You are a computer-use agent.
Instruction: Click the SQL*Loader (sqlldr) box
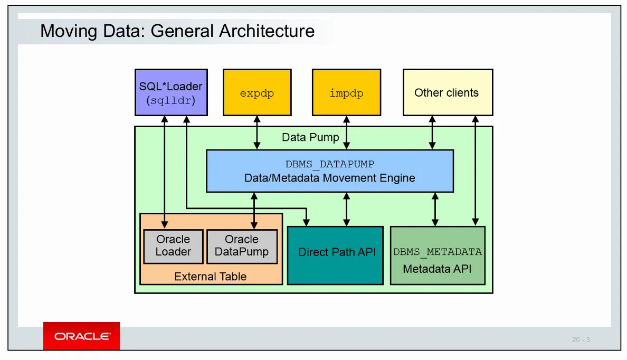pyautogui.click(x=171, y=92)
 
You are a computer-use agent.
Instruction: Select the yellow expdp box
pyautogui.click(x=257, y=92)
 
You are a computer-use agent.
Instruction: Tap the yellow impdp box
pyautogui.click(x=346, y=92)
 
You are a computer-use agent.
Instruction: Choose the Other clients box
pyautogui.click(x=448, y=92)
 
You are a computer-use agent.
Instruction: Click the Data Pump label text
pyautogui.click(x=310, y=137)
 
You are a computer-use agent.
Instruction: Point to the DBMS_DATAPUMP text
pyautogui.click(x=330, y=164)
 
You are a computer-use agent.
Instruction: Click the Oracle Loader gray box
pyautogui.click(x=173, y=246)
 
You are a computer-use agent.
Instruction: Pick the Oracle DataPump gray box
pyautogui.click(x=242, y=246)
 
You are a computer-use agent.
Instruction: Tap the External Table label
pyautogui.click(x=210, y=276)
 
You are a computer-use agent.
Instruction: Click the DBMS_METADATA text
pyautogui.click(x=438, y=252)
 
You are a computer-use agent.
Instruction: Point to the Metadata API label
pyautogui.click(x=437, y=269)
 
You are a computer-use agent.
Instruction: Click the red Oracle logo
pyautogui.click(x=82, y=336)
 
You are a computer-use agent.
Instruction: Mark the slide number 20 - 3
pyautogui.click(x=581, y=339)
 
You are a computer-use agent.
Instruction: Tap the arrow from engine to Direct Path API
pyautogui.click(x=346, y=209)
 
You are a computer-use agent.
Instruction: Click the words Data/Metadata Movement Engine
pyautogui.click(x=330, y=178)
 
